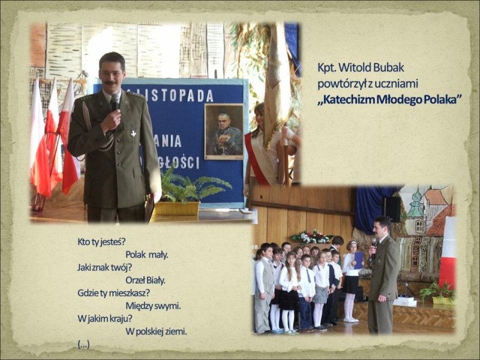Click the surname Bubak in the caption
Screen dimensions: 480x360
click(389, 68)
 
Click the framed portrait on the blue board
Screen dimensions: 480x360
click(224, 131)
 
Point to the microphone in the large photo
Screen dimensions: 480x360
click(115, 103)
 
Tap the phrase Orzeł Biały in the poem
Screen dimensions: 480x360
click(145, 280)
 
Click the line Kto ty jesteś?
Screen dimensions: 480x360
click(101, 242)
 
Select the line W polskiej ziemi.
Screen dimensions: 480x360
click(156, 331)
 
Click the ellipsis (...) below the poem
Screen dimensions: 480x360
click(83, 344)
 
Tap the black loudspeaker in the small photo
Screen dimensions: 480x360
click(393, 209)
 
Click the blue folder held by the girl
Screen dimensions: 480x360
click(358, 260)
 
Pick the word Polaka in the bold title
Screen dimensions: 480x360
click(442, 100)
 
